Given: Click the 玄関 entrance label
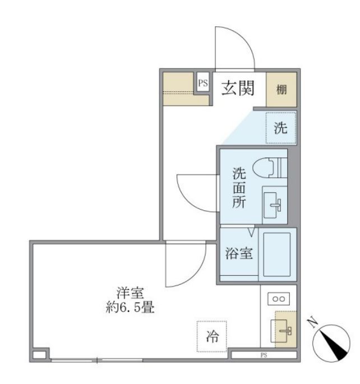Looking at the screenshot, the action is pyautogui.click(x=238, y=88).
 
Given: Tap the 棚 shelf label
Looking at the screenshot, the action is pyautogui.click(x=281, y=89).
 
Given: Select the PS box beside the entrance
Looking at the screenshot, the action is pyautogui.click(x=203, y=82).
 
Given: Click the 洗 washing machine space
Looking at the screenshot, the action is pyautogui.click(x=280, y=128).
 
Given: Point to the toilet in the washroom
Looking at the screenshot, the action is pyautogui.click(x=270, y=168).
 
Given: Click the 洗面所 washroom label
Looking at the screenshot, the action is pyautogui.click(x=239, y=188).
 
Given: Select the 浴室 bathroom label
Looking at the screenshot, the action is pyautogui.click(x=239, y=253).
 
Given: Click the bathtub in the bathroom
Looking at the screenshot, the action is pyautogui.click(x=277, y=254).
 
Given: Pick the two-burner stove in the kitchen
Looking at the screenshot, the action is pyautogui.click(x=279, y=299).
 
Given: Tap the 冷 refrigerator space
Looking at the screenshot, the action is pyautogui.click(x=212, y=336).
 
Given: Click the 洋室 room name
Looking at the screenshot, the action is pyautogui.click(x=130, y=293).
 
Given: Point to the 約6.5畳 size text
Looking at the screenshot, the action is pyautogui.click(x=130, y=307).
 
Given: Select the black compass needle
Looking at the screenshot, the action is pyautogui.click(x=335, y=345).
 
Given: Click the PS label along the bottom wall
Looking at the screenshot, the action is pyautogui.click(x=264, y=355).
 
